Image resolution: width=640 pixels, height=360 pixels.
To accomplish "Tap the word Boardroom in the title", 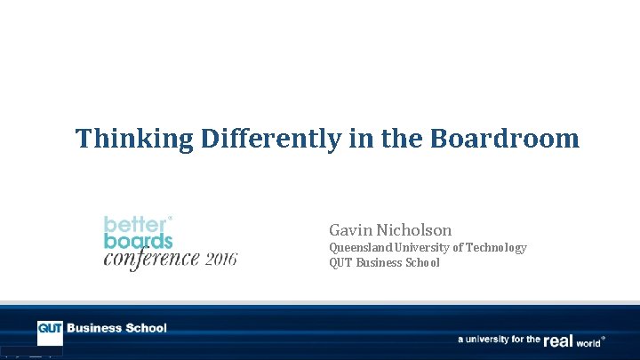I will tap(505, 140).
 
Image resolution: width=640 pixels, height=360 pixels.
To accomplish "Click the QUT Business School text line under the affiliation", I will tap(384, 263).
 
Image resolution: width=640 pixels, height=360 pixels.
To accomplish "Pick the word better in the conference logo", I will tap(135, 223).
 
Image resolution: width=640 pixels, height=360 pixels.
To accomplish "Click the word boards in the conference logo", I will tap(138, 240).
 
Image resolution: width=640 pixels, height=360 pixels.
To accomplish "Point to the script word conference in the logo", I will tap(151, 259).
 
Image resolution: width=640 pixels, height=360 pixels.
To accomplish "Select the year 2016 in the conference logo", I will tap(222, 260).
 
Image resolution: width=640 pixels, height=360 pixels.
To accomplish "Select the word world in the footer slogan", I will tap(588, 340).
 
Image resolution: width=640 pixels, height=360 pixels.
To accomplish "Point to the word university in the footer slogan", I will tap(492, 340).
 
